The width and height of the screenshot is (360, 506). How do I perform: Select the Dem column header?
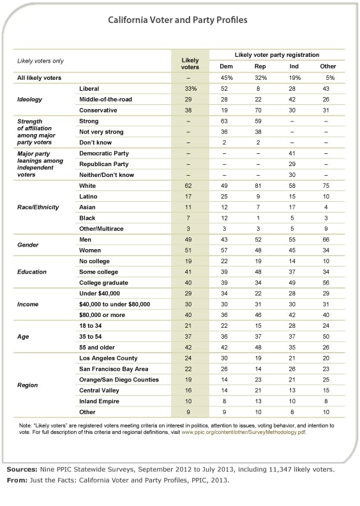(226, 66)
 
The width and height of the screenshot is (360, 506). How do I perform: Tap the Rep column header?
(260, 66)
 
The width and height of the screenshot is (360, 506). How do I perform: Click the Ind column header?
(294, 66)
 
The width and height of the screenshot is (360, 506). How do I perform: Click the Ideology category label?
(31, 100)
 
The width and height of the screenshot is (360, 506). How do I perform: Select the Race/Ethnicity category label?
(38, 208)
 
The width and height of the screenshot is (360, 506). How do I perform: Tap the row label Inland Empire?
(99, 402)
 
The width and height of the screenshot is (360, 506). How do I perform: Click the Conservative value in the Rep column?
(260, 110)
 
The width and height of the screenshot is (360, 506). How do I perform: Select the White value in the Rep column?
(260, 185)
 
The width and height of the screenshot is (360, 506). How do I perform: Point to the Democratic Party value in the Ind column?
(294, 153)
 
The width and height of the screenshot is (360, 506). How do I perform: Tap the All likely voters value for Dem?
(226, 77)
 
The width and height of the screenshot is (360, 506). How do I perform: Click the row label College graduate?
(102, 282)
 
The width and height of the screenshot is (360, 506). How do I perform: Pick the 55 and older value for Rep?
(260, 347)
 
